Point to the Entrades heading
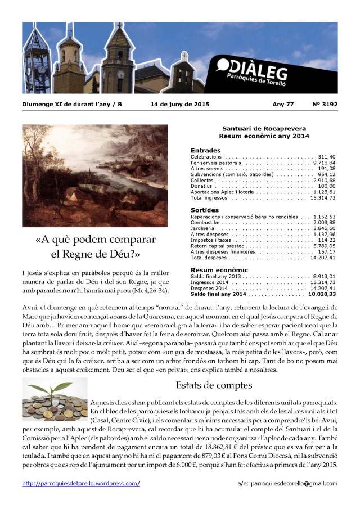[x=205, y=150]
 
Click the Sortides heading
[x=205, y=209]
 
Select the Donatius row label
[x=202, y=186]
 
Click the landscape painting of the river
[x=94, y=175]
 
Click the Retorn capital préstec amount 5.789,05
[x=324, y=246]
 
